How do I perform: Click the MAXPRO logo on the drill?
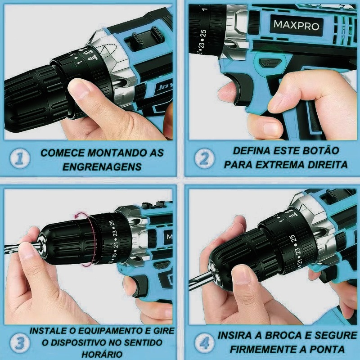[296, 25]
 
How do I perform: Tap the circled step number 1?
[20, 159]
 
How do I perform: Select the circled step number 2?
[204, 159]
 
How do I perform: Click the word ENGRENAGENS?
[102, 167]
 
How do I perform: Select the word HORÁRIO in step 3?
[102, 354]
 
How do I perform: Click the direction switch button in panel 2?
[270, 63]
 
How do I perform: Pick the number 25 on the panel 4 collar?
[292, 239]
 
